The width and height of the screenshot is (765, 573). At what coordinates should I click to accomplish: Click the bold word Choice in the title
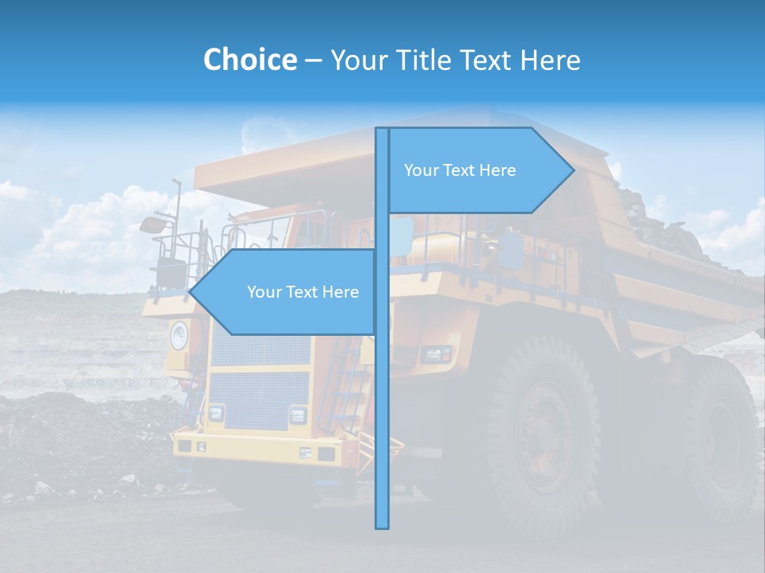click(249, 60)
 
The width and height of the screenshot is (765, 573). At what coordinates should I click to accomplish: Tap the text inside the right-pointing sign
click(460, 170)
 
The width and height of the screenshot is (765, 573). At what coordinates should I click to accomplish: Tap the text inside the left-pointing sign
click(303, 292)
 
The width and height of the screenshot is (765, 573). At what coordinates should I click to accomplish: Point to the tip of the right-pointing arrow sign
click(573, 170)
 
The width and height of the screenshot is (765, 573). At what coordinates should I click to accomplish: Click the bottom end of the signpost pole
click(382, 526)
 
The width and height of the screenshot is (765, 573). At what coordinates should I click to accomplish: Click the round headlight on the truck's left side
click(178, 335)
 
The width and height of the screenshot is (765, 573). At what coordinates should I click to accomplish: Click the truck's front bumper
click(263, 450)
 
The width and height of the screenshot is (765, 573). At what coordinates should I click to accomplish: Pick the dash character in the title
click(313, 60)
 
